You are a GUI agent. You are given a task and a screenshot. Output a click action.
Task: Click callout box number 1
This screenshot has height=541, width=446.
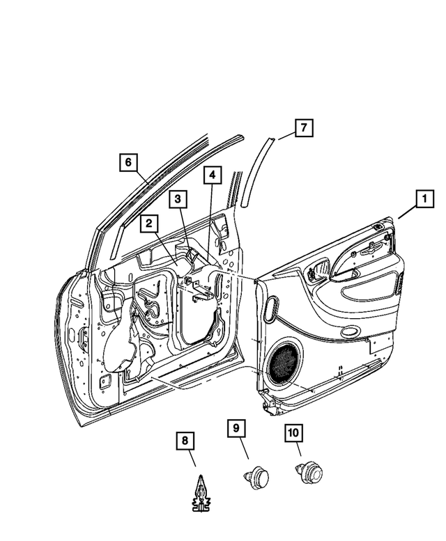422,200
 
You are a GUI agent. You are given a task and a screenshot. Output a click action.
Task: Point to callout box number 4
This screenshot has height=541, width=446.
213,175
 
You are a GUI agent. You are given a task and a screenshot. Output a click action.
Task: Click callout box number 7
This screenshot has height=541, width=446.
303,128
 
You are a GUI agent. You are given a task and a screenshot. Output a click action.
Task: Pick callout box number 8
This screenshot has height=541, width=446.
185,441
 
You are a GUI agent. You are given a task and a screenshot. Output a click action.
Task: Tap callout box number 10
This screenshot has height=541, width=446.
293,434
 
